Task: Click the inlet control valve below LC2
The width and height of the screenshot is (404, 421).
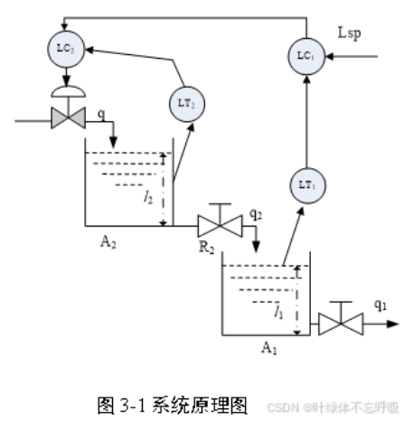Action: pos(67,117)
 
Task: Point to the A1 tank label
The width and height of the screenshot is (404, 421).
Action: pos(269,347)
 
